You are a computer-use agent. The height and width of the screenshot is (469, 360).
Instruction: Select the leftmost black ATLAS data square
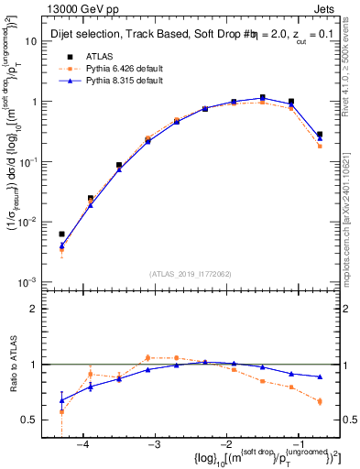point(61,234)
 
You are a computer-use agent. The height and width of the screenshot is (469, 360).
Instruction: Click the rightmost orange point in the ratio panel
point(320,401)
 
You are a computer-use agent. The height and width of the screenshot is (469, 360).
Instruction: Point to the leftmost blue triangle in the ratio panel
point(61,400)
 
